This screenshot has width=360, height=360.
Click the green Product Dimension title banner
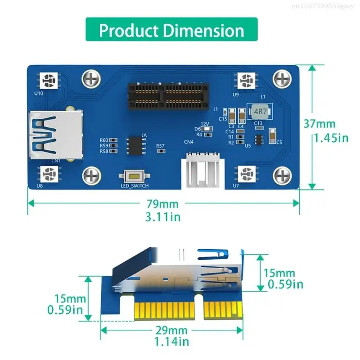(171, 31)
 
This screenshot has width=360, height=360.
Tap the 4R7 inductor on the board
(258, 111)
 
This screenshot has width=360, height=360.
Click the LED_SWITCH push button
(134, 177)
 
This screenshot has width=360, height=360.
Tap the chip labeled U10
(49, 81)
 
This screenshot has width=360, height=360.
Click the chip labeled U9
(245, 81)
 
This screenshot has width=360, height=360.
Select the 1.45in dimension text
(331, 138)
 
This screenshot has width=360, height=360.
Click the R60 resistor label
(104, 140)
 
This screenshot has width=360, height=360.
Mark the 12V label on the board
(205, 124)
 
